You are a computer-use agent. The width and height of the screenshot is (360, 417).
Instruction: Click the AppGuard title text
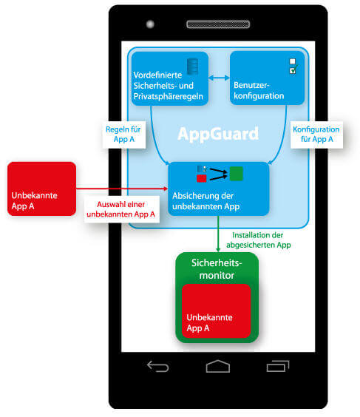pyautogui.click(x=218, y=134)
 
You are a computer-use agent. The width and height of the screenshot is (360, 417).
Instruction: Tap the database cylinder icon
pyautogui.click(x=192, y=67)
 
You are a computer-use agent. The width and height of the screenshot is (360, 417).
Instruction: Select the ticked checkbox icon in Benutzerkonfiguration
pyautogui.click(x=293, y=70)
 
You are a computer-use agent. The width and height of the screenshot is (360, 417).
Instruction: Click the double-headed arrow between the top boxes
pyautogui.click(x=219, y=78)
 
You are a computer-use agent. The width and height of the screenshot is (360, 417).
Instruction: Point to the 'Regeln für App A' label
pyautogui.click(x=123, y=135)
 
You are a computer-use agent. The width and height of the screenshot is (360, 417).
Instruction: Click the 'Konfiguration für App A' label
pyautogui.click(x=316, y=135)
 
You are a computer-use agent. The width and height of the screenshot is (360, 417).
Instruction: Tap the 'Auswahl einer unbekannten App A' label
pyautogui.click(x=121, y=209)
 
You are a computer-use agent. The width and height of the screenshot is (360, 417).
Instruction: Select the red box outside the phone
pyautogui.click(x=41, y=189)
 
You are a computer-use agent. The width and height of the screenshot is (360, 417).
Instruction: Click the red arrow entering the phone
pyautogui.click(x=122, y=189)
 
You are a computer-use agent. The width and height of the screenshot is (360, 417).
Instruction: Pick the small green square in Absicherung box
pyautogui.click(x=236, y=174)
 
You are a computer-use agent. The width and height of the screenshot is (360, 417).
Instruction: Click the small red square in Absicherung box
pyautogui.click(x=202, y=178)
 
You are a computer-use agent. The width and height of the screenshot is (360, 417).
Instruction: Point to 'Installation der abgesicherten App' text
pyautogui.click(x=259, y=240)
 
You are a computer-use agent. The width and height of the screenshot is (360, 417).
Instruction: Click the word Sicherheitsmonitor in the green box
pyautogui.click(x=217, y=269)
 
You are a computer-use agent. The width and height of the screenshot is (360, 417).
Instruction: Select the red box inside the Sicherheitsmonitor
pyautogui.click(x=216, y=311)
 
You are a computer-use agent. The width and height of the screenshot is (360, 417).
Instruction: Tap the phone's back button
pyautogui.click(x=158, y=366)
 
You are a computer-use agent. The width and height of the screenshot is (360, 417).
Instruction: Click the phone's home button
pyautogui.click(x=218, y=366)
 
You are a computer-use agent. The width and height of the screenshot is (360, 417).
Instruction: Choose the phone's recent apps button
pyautogui.click(x=278, y=366)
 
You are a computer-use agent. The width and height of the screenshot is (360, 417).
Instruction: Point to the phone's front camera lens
pyautogui.click(x=150, y=24)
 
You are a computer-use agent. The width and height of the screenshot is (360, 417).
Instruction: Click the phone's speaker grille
pyautogui.click(x=218, y=24)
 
